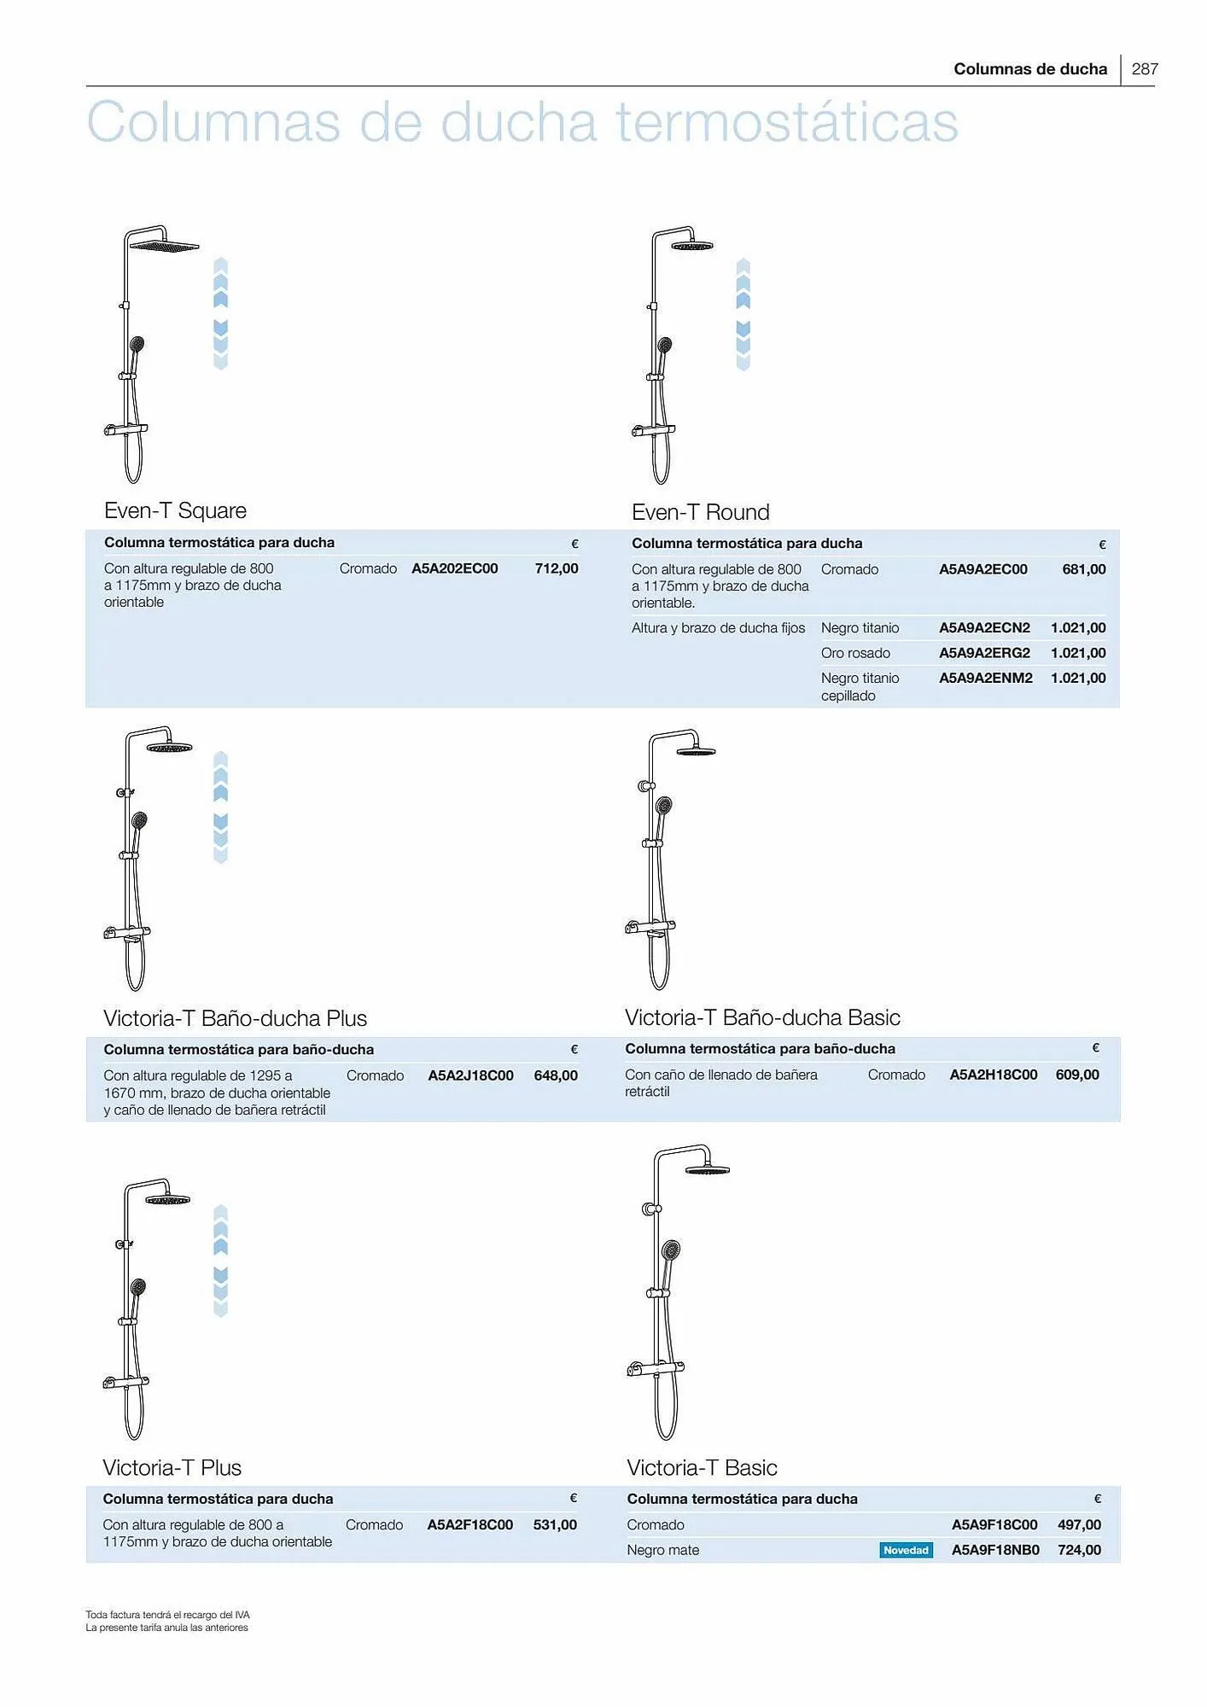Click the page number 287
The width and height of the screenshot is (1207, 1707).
coord(1144,69)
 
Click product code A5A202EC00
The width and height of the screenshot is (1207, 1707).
coord(454,568)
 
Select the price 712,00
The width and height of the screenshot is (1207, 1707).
coord(557,568)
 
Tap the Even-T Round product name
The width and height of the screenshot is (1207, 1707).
coord(700,512)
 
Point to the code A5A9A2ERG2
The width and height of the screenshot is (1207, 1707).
coord(984,653)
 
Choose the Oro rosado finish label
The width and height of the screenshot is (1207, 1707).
coord(855,653)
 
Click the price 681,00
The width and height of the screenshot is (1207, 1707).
coord(1083,569)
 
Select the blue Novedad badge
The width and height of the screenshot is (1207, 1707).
coord(906,1550)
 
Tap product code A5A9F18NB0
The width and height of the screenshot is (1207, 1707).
coord(995,1550)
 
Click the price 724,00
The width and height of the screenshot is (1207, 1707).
coord(1079,1550)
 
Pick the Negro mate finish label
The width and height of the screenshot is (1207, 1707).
coord(662,1550)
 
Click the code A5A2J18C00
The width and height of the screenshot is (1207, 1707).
coord(470,1075)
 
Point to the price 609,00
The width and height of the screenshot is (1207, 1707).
coord(1077,1075)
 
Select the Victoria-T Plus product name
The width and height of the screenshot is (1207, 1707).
coord(172,1467)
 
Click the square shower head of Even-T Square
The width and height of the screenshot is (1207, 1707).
coord(164,246)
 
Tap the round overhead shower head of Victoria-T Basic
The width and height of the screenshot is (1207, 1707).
coord(707,1169)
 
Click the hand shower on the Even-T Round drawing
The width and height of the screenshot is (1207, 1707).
coord(664,346)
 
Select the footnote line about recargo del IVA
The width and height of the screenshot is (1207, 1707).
coord(167,1615)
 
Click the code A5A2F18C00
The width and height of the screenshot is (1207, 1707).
coord(469,1524)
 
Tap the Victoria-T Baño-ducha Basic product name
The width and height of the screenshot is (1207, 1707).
coord(762,1017)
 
